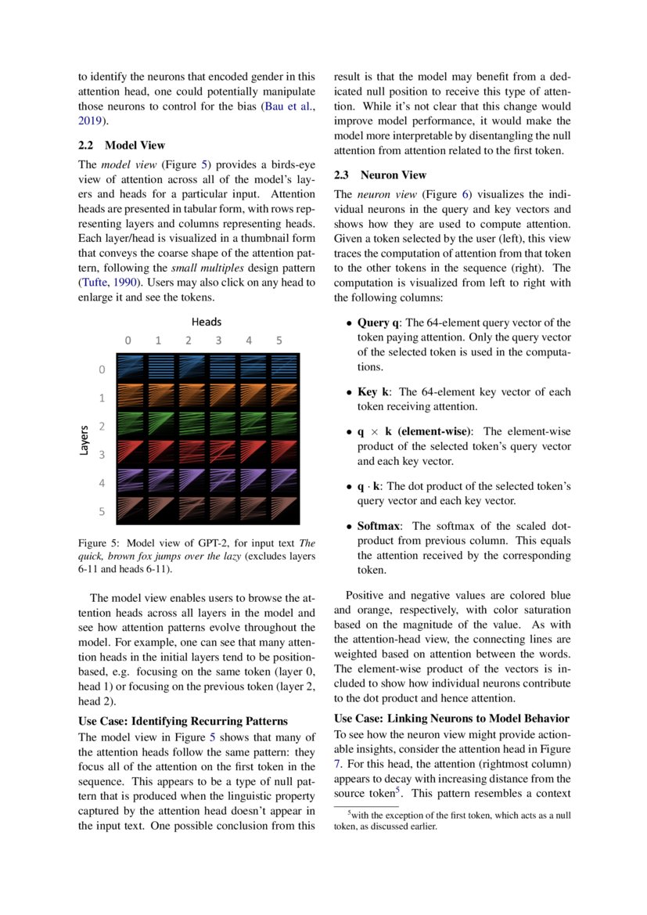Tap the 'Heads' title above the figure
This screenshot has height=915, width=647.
pos(207,322)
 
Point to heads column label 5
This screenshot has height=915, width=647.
pos(279,340)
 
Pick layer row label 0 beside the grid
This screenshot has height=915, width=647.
pos(101,369)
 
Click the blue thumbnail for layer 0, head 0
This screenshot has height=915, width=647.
pos(131,368)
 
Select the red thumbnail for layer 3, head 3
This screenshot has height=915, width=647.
pos(223,453)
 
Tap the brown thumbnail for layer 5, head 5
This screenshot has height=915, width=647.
pos(284,510)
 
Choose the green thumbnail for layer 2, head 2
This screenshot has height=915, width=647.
pos(192,424)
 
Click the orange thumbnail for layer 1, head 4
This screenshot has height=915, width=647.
pos(253,396)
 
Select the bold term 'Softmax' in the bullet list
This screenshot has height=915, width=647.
pos(381,526)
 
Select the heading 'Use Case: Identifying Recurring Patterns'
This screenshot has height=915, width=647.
pos(183,721)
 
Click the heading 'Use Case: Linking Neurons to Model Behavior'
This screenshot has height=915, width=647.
pos(451,719)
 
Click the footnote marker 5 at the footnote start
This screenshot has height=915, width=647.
pos(350,813)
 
